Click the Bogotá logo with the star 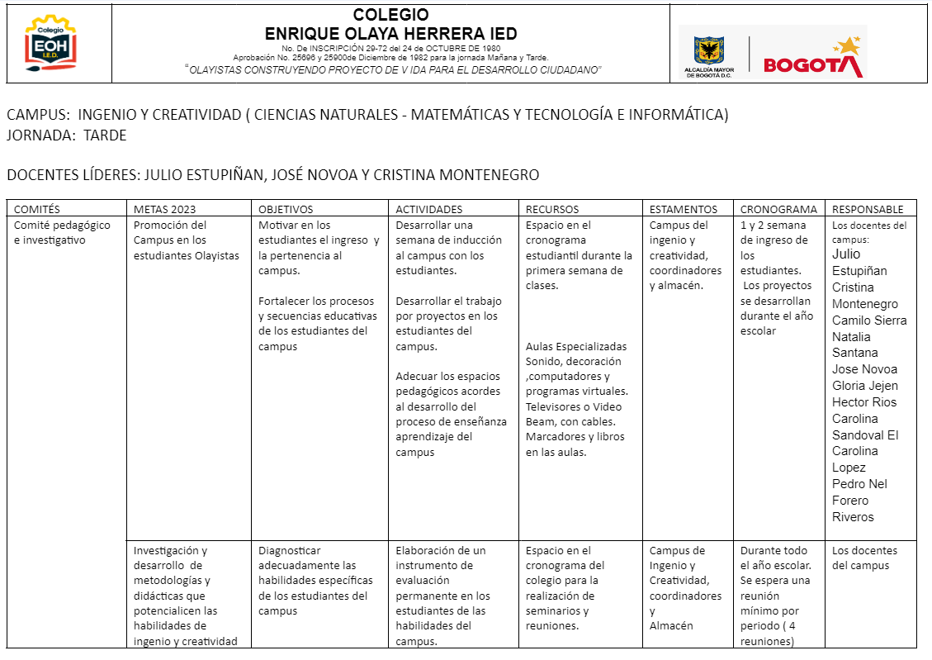[813, 58]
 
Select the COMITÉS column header [37, 209]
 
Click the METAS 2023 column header [165, 209]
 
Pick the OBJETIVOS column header [286, 209]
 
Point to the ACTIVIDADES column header [429, 209]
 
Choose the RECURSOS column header [552, 209]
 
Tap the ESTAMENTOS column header [684, 209]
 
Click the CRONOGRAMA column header [778, 209]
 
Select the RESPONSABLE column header [868, 209]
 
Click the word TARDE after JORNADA [105, 135]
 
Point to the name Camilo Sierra [869, 321]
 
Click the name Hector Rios [864, 402]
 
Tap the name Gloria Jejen [865, 386]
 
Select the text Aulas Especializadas [576, 346]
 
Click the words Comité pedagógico [62, 225]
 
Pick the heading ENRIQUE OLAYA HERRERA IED [390, 34]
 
